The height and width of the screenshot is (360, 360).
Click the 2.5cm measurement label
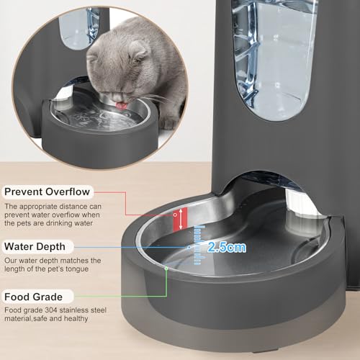[226, 247]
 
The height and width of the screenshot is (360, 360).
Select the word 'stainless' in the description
[88, 310]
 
